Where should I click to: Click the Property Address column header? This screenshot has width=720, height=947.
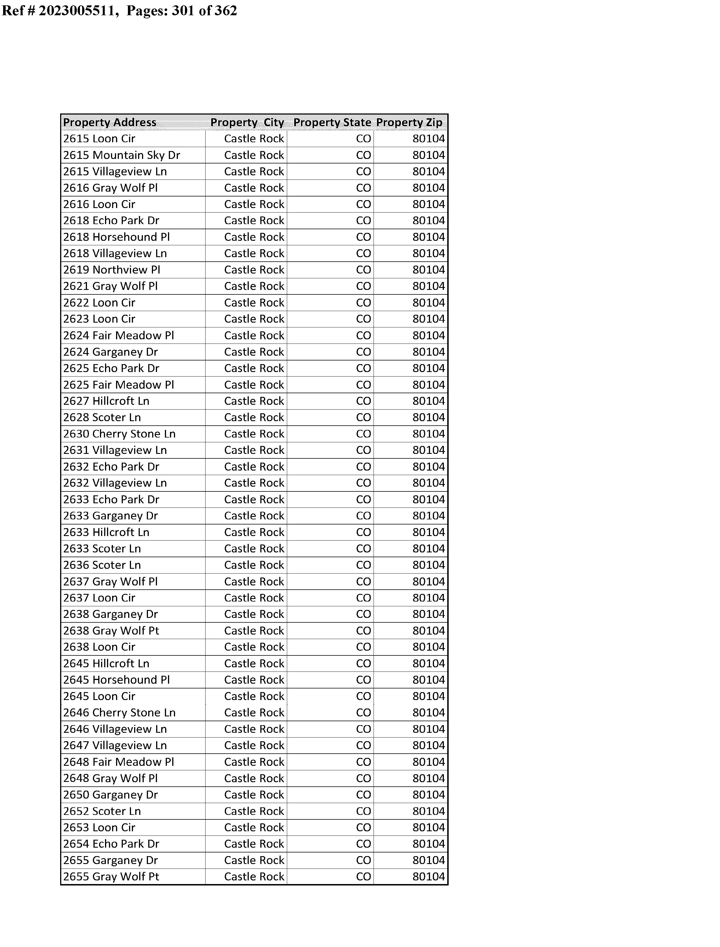[110, 123]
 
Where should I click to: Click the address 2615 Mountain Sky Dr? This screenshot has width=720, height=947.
[122, 155]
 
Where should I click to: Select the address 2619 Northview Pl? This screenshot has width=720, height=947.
[112, 270]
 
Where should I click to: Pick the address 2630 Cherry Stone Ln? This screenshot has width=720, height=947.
[119, 434]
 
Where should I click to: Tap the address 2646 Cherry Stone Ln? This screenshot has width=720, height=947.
[119, 713]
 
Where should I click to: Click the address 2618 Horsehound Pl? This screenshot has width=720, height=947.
[117, 237]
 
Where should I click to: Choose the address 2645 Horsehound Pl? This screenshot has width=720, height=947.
[117, 680]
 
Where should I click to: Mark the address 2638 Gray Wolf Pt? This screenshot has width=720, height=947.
[112, 631]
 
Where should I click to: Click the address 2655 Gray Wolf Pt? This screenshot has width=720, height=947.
[112, 877]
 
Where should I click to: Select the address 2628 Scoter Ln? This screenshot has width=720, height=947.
[102, 417]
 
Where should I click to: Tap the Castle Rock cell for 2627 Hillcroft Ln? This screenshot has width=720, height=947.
[254, 401]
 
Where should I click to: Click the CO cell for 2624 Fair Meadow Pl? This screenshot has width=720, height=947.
[363, 335]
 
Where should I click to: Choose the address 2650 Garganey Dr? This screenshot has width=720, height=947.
[111, 795]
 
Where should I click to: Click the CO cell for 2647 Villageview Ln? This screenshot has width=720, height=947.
[363, 746]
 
